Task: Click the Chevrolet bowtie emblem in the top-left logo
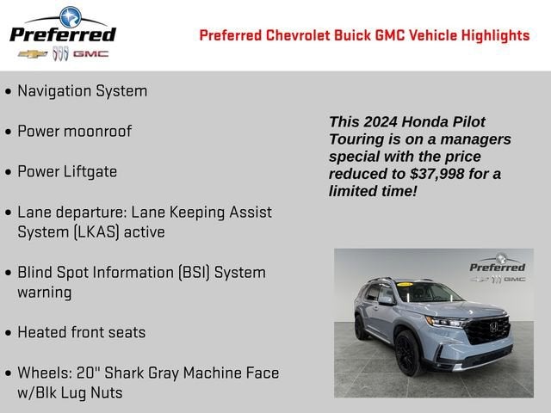pos(33,54)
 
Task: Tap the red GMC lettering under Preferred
pos(90,54)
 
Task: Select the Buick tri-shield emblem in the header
pos(60,53)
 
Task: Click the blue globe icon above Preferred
pos(71,17)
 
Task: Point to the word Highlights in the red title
pos(495,36)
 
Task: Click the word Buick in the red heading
pos(352,35)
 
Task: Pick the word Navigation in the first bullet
pos(54,91)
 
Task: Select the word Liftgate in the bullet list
pos(90,172)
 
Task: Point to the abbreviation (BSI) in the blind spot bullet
pos(194,273)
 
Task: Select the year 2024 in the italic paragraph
pos(381,122)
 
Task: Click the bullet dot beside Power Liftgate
pos(9,172)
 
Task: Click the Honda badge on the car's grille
pos(493,327)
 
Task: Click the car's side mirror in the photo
pos(387,300)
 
